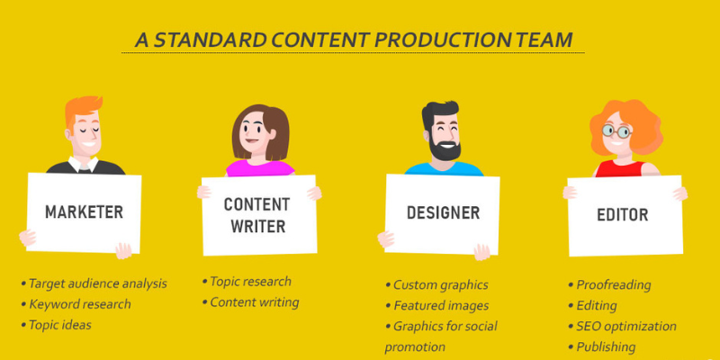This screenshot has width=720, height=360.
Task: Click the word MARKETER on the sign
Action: [x=84, y=212]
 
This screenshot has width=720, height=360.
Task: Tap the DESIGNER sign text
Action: [x=443, y=213]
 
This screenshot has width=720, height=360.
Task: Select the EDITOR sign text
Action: [x=623, y=215]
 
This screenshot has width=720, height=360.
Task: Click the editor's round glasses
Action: [x=617, y=130]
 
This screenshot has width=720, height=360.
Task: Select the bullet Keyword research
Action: [x=79, y=303]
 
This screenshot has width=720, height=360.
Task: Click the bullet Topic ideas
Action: [x=59, y=324]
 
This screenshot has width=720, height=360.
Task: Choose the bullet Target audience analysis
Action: [x=97, y=283]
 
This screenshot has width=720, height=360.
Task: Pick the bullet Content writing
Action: [x=254, y=302]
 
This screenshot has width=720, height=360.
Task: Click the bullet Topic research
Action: [x=250, y=282]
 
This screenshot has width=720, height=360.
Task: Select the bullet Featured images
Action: [x=440, y=305]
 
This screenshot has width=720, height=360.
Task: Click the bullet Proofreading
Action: [x=613, y=284]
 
